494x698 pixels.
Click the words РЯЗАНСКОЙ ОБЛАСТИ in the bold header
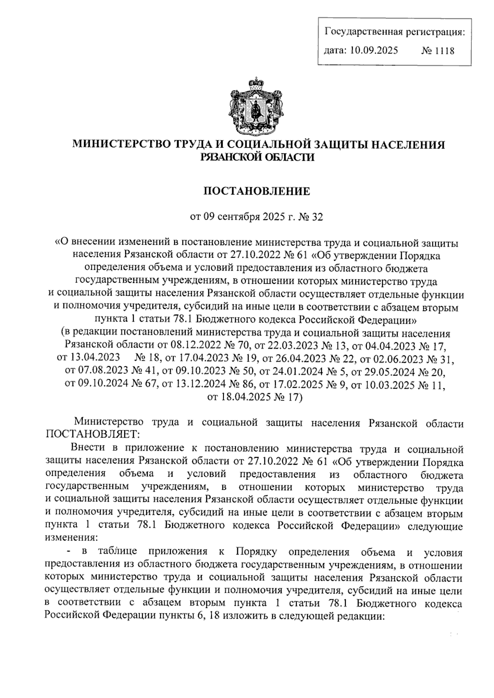pyautogui.click(x=257, y=157)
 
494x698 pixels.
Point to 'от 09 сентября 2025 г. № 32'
pyautogui.click(x=257, y=216)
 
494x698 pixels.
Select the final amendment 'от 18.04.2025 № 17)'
pyautogui.click(x=255, y=397)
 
